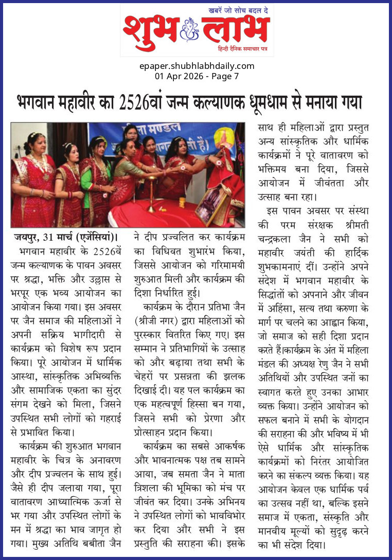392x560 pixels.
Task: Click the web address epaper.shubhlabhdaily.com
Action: click(x=197, y=66)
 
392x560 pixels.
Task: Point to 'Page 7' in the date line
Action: click(x=225, y=76)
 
